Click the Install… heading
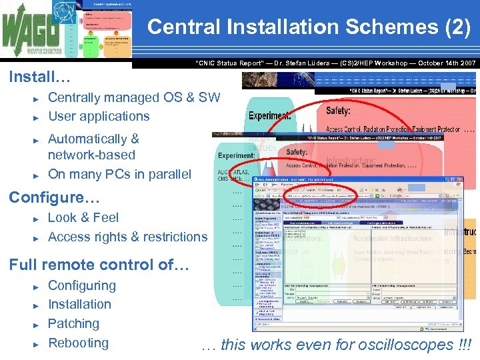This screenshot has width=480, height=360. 39,77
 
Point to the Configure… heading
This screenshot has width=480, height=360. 53,198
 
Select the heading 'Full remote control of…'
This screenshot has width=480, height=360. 99,265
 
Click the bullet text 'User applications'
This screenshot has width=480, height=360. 99,116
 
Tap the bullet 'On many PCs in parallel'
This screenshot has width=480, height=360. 119,174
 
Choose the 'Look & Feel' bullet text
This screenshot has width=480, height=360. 83,217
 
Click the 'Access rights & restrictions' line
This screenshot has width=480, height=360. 127,237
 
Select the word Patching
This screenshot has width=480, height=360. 73,323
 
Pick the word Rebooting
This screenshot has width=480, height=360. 78,343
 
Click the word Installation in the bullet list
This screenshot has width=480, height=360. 79,304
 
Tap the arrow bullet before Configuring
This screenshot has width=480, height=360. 37,286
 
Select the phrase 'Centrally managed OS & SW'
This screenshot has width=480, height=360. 134,97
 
